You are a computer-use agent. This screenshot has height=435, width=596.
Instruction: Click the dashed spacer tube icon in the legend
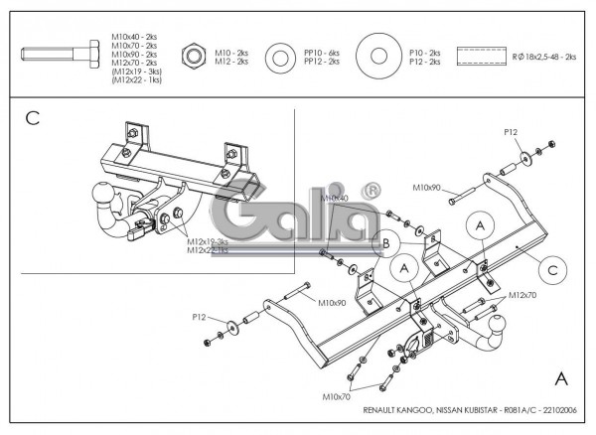point(481,56)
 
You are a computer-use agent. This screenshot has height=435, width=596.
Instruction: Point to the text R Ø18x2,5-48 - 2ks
point(546,57)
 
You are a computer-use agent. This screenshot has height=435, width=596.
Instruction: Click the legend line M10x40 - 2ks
point(134,36)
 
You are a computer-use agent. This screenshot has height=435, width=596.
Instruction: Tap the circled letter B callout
point(386,242)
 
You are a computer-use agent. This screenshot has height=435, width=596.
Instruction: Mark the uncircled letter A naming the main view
point(561,378)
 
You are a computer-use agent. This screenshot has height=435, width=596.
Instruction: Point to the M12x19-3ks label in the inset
point(207,241)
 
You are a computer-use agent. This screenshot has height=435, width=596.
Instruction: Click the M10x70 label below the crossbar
point(337,397)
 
